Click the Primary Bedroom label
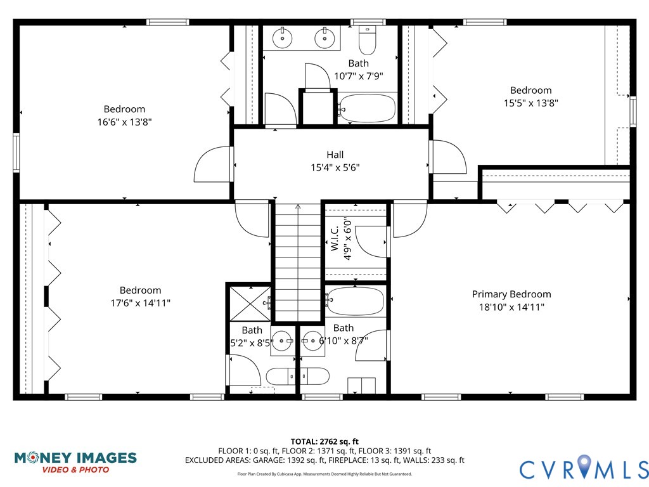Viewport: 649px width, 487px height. click(511, 294)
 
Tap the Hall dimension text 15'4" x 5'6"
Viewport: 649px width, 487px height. click(335, 167)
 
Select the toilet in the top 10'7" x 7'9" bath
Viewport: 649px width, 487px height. click(367, 41)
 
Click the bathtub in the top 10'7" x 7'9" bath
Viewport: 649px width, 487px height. click(368, 108)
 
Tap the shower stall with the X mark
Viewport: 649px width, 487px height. click(249, 302)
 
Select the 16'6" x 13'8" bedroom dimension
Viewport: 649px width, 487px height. click(124, 122)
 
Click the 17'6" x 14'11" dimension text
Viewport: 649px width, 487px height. click(140, 303)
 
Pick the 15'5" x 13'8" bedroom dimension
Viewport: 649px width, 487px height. click(530, 103)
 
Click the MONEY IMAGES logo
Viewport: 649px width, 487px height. click(75, 462)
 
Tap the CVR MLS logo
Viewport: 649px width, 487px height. click(584, 469)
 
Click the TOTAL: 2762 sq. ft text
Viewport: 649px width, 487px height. click(324, 441)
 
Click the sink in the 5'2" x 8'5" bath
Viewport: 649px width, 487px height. click(282, 341)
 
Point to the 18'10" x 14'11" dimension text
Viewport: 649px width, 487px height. click(511, 307)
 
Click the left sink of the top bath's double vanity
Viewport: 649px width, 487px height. click(282, 39)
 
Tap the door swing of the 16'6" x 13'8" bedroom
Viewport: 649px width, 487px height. click(212, 165)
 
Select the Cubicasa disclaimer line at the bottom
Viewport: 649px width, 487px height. click(324, 474)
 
